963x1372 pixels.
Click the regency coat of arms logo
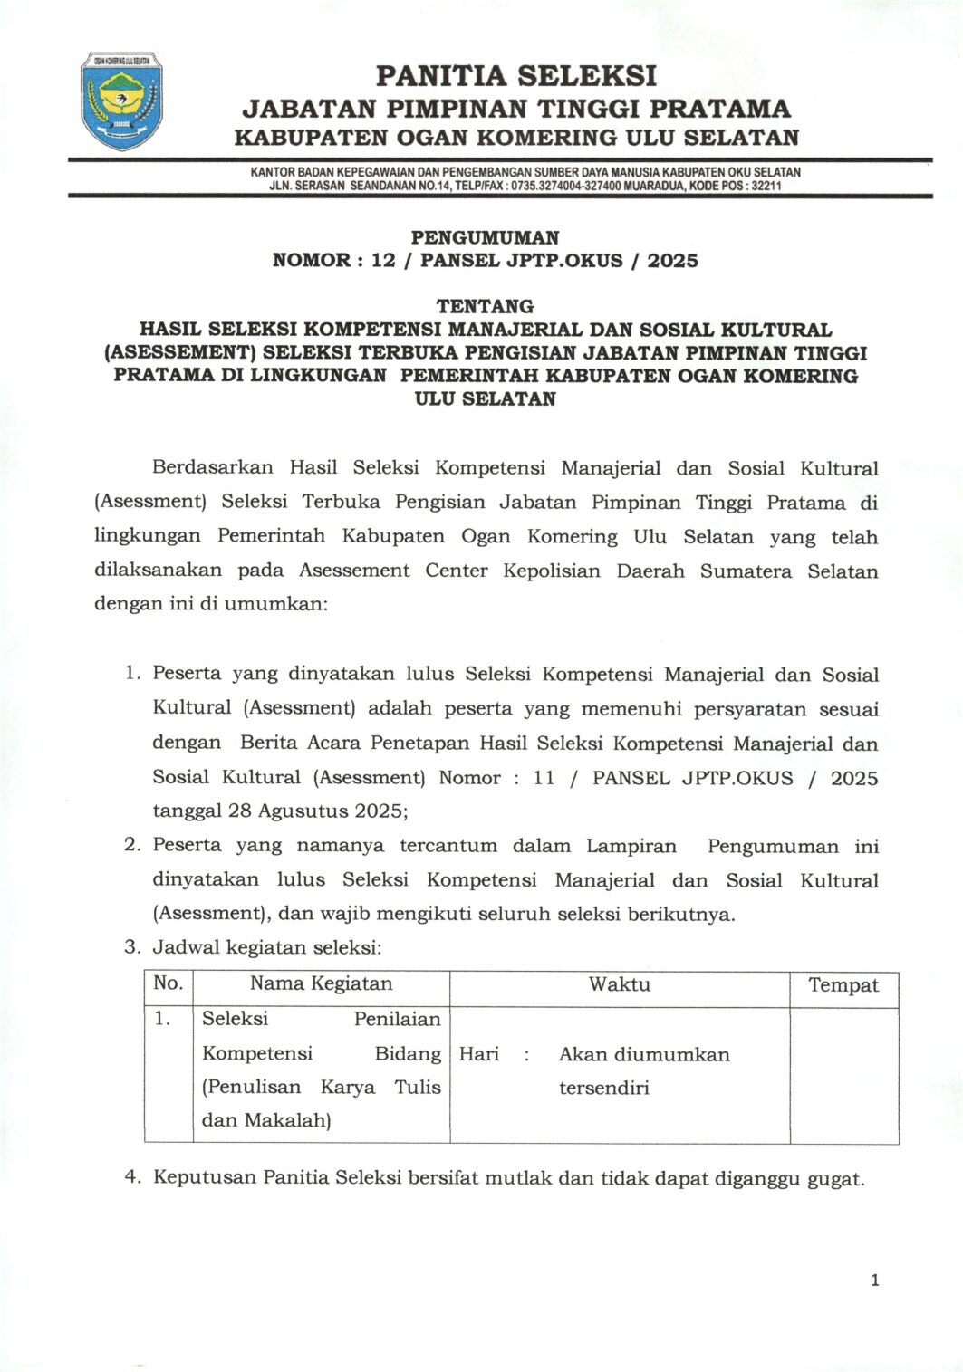pos(122,101)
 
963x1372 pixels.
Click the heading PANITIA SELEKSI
pos(515,75)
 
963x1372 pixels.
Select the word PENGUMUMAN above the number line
pos(485,237)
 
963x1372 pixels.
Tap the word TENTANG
pos(485,306)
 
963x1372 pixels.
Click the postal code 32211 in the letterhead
pos(766,186)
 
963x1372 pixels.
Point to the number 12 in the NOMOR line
pos(383,261)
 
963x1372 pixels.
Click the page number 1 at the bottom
pos(874,1280)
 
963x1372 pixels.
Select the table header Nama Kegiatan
pos(321,984)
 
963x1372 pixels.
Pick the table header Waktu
pos(620,984)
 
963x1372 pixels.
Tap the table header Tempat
pos(843,985)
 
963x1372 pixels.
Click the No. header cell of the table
pos(169,983)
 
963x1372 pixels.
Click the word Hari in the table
pos(479,1054)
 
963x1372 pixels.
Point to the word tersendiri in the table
pos(603,1088)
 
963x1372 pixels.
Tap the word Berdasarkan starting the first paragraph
pos(213,468)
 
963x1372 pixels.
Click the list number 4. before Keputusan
pos(133,1177)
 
